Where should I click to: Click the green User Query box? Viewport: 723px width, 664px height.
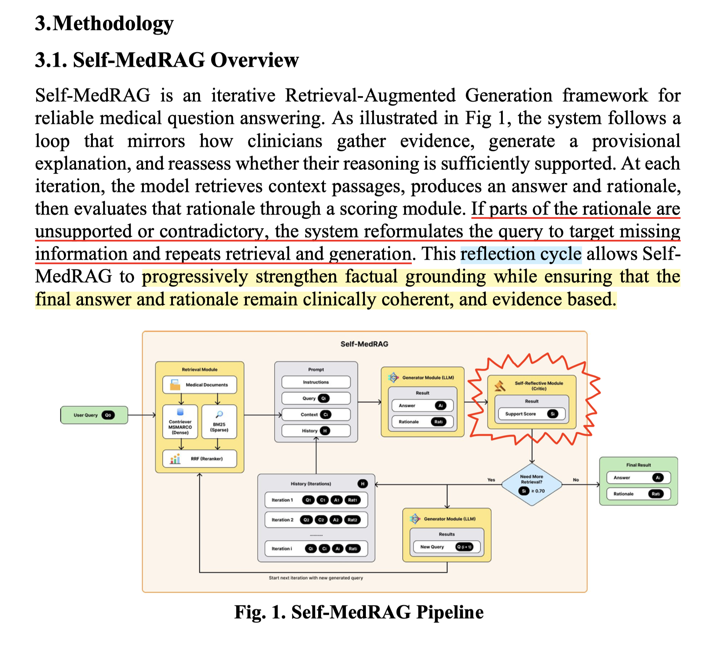(x=94, y=415)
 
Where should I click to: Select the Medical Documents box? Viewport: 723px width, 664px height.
(x=199, y=385)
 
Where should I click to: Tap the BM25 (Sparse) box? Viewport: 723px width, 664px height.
(x=219, y=422)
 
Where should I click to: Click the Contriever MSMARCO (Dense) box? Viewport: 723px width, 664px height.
(x=180, y=422)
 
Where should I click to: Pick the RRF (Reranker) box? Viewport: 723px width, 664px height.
(x=199, y=459)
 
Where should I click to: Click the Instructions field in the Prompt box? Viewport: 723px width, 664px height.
(x=316, y=382)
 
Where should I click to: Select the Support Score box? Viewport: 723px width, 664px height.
(x=532, y=414)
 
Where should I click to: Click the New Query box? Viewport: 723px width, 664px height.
(x=447, y=547)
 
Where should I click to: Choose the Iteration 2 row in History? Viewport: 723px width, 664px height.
(x=316, y=520)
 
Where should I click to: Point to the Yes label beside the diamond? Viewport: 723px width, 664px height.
(x=491, y=480)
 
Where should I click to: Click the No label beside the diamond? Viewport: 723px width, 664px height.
(x=576, y=480)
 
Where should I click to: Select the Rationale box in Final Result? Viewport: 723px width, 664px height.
(x=638, y=494)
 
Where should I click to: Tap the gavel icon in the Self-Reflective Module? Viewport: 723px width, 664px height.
(x=500, y=386)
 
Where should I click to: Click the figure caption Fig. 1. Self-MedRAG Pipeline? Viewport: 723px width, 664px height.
(x=359, y=612)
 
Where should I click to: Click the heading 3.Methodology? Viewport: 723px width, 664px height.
(x=104, y=23)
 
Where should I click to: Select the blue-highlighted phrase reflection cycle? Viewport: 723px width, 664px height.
(x=521, y=254)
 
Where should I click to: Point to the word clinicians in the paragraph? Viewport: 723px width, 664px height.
(x=285, y=141)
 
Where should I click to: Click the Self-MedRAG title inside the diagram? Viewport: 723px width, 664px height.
(x=364, y=344)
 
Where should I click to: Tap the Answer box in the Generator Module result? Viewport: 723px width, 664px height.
(x=422, y=406)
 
